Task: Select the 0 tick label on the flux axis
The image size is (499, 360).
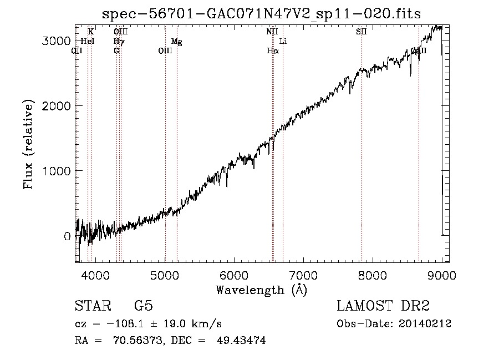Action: pos(67,236)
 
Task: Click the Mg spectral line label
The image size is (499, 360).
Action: pos(176,42)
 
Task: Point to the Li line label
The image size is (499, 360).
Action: pos(283,42)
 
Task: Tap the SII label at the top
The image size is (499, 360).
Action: pos(361,32)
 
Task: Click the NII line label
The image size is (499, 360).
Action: pos(272,32)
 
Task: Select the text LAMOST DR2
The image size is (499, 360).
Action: pos(383,306)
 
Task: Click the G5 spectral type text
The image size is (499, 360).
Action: pos(143,306)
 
